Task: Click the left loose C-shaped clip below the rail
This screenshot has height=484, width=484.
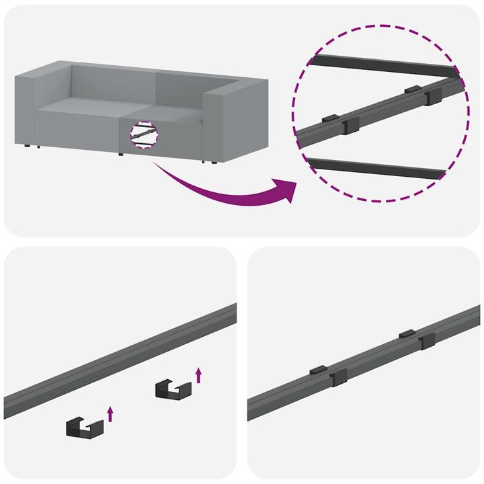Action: tap(84, 426)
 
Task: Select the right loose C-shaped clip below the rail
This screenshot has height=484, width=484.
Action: tap(171, 389)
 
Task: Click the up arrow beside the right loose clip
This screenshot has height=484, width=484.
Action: tap(198, 374)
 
